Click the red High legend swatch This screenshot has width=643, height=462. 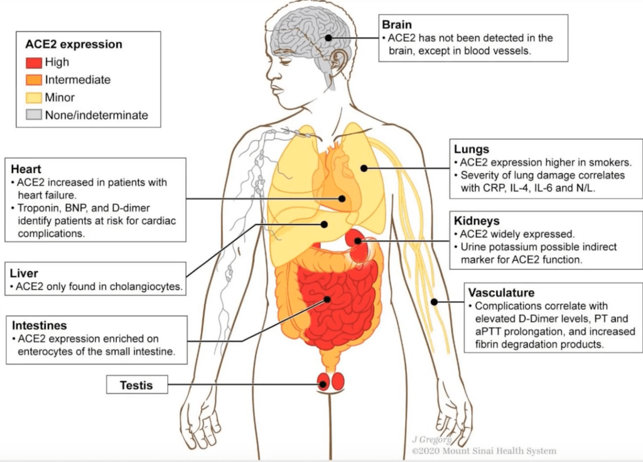[x=34, y=62]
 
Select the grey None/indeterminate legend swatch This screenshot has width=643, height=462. [x=34, y=115]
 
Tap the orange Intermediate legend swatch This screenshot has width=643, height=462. [x=34, y=80]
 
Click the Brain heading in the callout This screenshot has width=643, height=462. [x=397, y=25]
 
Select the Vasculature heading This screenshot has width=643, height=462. [x=501, y=293]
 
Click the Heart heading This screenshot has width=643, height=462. [x=26, y=169]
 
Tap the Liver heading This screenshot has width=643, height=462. [x=24, y=273]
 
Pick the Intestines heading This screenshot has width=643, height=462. [x=39, y=326]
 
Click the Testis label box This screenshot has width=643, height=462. [x=136, y=384]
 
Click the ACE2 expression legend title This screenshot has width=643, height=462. [x=73, y=45]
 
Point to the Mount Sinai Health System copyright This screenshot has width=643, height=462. [x=484, y=451]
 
